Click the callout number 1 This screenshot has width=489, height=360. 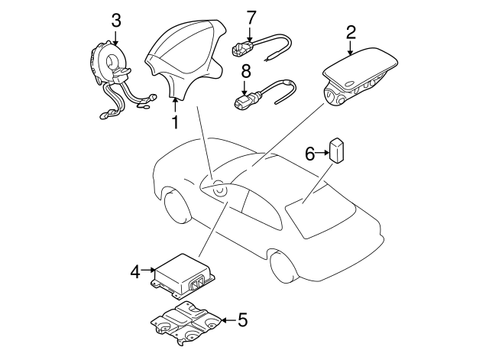click(175, 122)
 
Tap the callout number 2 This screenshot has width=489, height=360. click(350, 32)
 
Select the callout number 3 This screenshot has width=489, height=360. click(115, 21)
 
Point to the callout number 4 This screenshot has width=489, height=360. click(136, 272)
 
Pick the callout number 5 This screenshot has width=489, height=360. click(242, 319)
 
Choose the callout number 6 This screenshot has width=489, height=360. click(309, 154)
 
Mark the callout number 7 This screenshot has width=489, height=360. click(251, 18)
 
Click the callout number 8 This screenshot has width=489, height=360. click(246, 72)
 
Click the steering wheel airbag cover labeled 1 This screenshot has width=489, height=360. click(186, 56)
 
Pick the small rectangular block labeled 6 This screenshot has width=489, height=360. click(337, 150)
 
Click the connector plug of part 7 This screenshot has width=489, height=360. click(242, 49)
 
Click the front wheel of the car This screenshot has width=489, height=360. click(176, 206)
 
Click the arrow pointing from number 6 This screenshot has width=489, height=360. click(322, 153)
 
